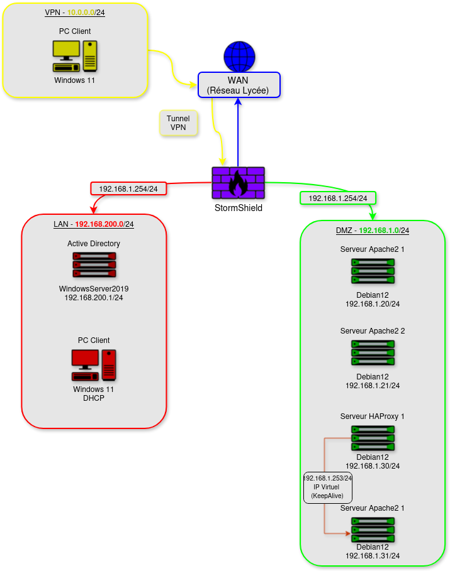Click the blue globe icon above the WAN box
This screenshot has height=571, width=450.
239,57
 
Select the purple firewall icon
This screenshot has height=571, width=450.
238,183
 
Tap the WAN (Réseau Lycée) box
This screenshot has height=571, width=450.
239,85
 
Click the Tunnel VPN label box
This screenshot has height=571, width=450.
178,122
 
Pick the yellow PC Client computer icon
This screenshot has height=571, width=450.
75,56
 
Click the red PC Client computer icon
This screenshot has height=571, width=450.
94,365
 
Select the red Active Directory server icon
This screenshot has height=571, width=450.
94,265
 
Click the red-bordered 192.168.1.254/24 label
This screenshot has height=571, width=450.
128,188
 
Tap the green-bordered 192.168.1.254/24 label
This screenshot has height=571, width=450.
338,198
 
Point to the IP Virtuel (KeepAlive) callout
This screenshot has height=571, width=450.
327,487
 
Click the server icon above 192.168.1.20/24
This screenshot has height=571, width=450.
373,271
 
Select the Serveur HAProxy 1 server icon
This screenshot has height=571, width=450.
373,438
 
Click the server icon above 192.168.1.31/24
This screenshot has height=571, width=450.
373,530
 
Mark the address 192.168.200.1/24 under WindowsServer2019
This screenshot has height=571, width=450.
94,298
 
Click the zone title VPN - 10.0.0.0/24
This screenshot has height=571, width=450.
75,13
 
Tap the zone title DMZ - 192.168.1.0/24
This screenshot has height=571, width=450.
373,231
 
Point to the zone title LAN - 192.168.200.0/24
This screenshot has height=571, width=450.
94,224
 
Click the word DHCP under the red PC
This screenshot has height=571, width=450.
94,398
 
